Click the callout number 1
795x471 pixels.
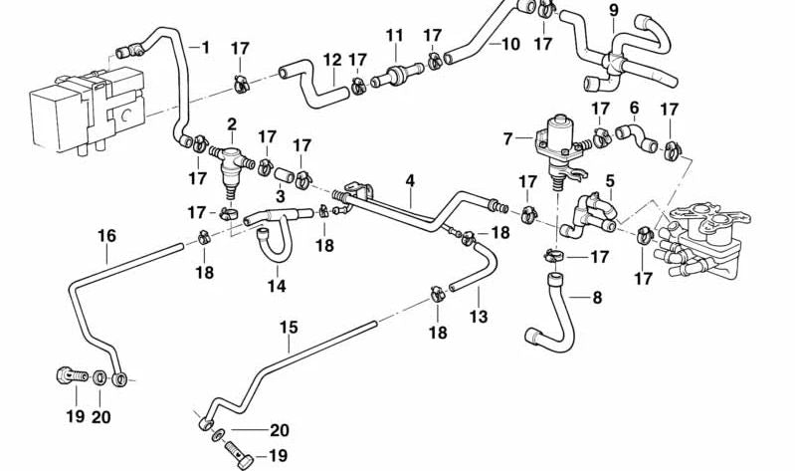[x=206, y=47]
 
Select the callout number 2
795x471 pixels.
[x=232, y=124]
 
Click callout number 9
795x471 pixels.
[x=613, y=12]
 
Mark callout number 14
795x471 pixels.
[x=276, y=286]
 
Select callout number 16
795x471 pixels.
[x=106, y=236]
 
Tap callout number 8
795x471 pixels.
[x=597, y=297]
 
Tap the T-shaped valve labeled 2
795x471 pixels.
[x=230, y=159]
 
